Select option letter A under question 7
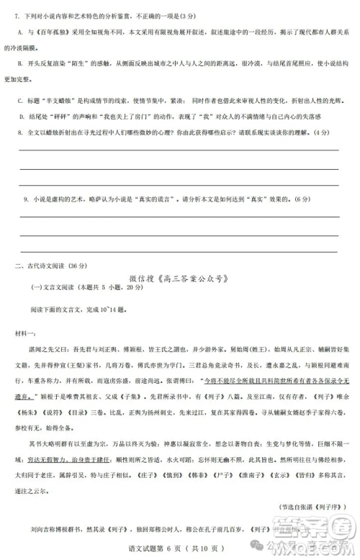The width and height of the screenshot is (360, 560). pyautogui.click(x=19, y=32)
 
